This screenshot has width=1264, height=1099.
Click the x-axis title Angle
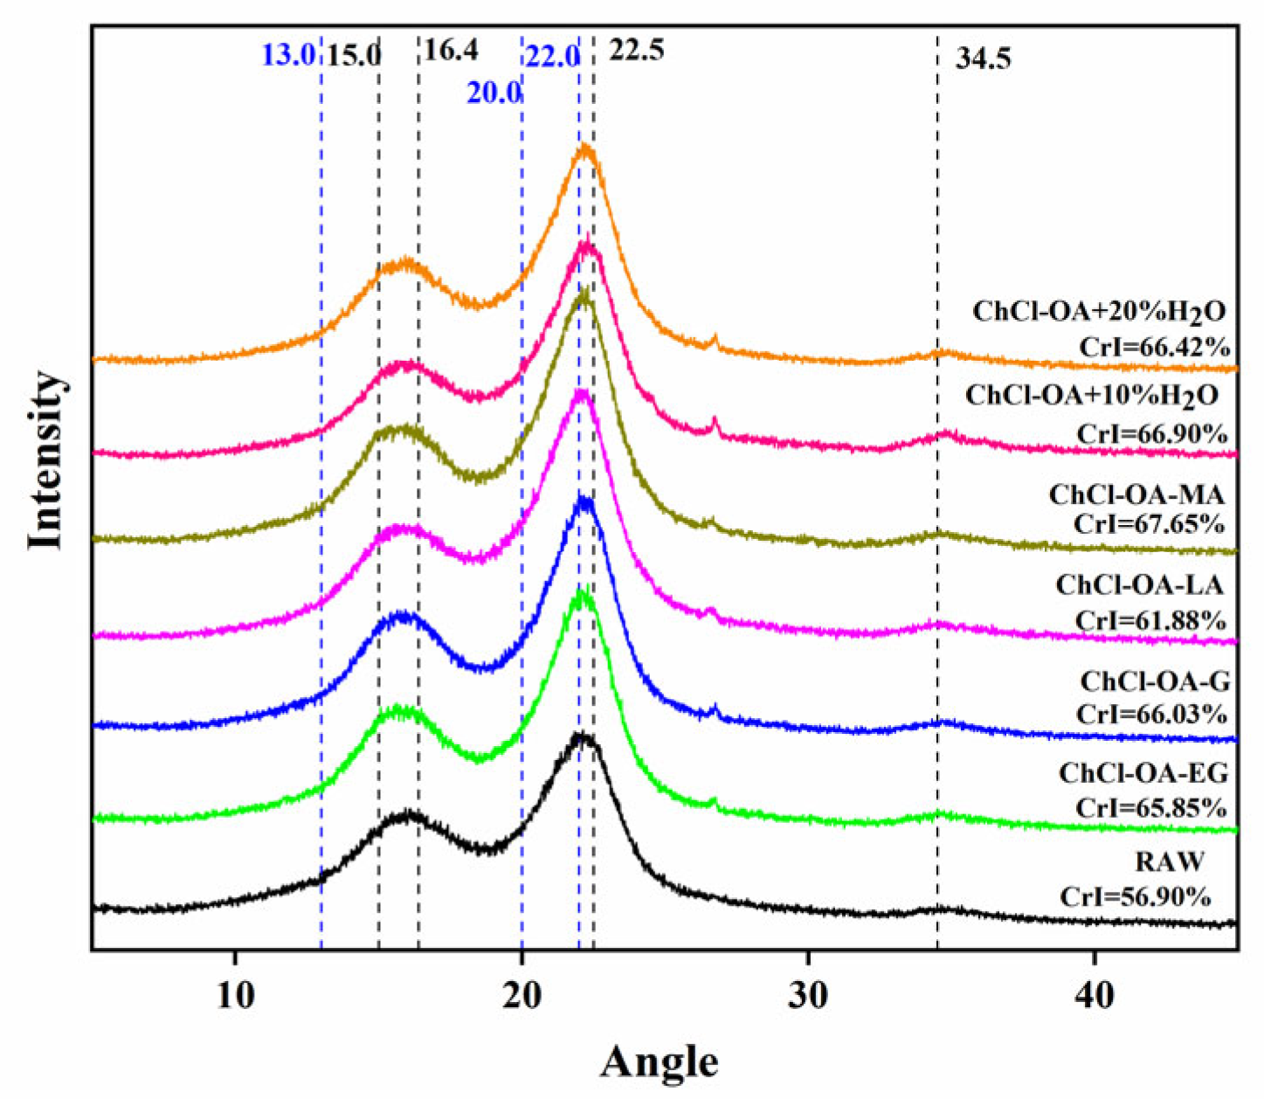[x=660, y=1061]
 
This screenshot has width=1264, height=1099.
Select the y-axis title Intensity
[x=45, y=460]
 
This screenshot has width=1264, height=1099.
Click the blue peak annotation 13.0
[x=287, y=56]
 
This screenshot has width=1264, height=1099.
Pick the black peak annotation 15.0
[x=354, y=56]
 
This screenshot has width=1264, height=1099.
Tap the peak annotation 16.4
[x=451, y=51]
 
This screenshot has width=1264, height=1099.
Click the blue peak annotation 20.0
[x=494, y=93]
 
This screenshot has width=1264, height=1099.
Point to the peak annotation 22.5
[x=637, y=51]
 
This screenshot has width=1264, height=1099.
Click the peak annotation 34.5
[x=983, y=60]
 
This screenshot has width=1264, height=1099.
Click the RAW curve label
[x=1169, y=861]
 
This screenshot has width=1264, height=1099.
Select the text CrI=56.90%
[x=1136, y=896]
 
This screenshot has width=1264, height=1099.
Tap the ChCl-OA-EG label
[x=1143, y=773]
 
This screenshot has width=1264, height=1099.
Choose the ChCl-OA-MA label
[x=1136, y=494]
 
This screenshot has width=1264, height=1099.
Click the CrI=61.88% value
[x=1150, y=620]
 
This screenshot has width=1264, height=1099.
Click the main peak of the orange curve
[x=584, y=150]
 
